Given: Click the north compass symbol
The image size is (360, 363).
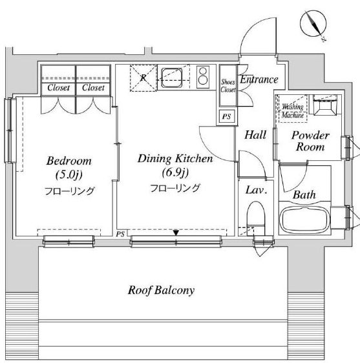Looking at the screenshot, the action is pos(313,25).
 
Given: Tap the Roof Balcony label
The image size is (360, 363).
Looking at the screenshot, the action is pos(161,290).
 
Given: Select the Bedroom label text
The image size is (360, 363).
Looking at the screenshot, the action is pos(69,161).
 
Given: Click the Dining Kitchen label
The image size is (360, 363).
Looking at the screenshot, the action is pos(175,159).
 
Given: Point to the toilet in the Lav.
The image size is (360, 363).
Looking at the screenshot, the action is pos(256,218).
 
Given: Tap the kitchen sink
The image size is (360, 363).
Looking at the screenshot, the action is pos(171,77).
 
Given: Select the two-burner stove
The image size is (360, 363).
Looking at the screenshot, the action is pos(203,77).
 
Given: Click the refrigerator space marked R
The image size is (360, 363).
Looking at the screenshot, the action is pos(143,78).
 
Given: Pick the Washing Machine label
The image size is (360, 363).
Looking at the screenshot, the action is pos(293,110).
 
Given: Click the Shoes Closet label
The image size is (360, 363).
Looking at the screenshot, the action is pos(228,86).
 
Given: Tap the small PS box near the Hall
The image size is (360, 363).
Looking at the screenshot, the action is pos(227,116).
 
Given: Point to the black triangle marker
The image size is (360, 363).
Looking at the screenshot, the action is pos(176,233).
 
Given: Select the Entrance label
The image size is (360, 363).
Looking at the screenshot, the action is pos(259,79).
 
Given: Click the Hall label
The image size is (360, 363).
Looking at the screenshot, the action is pos(255,135).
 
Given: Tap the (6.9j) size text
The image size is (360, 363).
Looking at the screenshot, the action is pos(175,172).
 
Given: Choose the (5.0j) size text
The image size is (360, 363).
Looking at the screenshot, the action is pos(69,175).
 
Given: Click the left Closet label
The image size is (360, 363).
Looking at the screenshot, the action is pos(58,87).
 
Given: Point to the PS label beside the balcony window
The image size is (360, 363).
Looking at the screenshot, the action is pos(120,234).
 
